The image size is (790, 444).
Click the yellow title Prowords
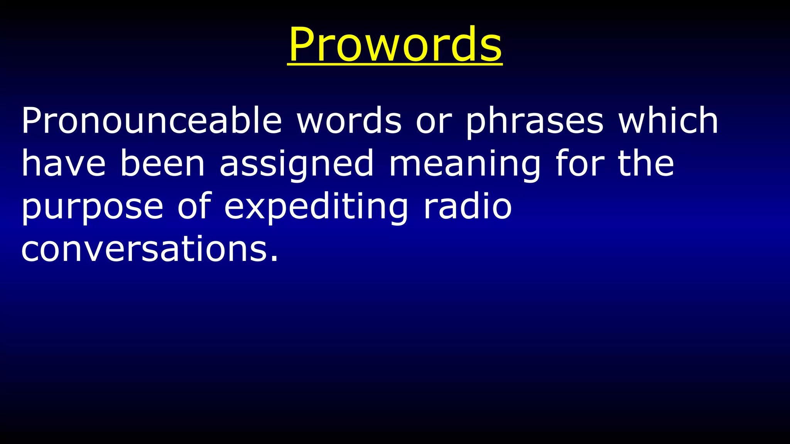pyautogui.click(x=395, y=44)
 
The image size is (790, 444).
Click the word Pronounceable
pyautogui.click(x=151, y=120)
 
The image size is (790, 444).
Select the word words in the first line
pyautogui.click(x=349, y=120)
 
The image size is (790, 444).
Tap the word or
pyautogui.click(x=433, y=121)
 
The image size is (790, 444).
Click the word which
pyautogui.click(x=668, y=120)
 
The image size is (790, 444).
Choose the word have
pyautogui.click(x=63, y=163)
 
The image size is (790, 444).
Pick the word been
pyautogui.click(x=162, y=163)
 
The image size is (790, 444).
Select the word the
pyautogui.click(x=646, y=163)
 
